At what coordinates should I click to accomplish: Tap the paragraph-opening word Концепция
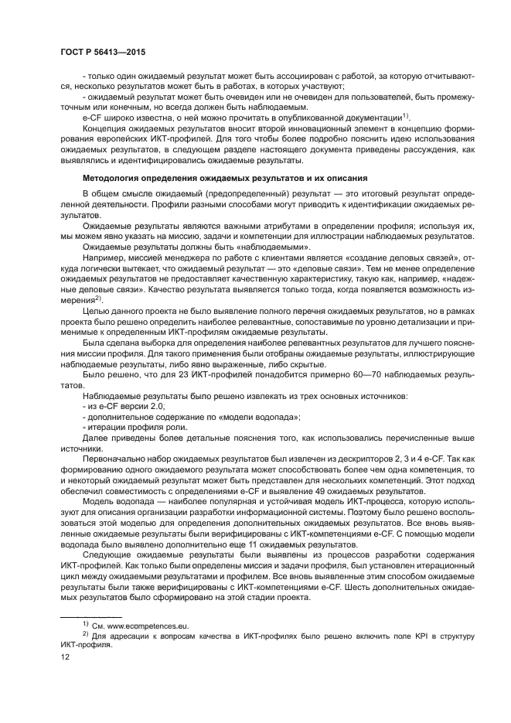point(104,126)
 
